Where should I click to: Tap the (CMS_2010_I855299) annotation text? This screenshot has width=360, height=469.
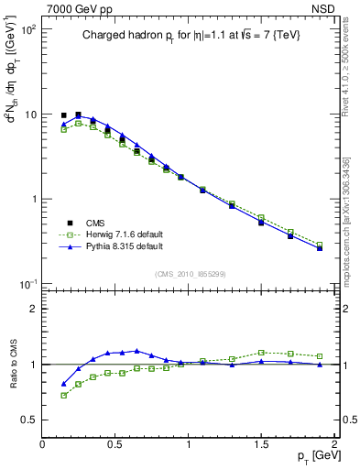coord(189,273)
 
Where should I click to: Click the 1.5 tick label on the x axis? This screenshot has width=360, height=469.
coord(261,444)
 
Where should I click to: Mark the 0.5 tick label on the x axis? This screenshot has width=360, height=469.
coord(115,444)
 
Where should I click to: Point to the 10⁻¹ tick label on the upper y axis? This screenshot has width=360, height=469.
coord(28,284)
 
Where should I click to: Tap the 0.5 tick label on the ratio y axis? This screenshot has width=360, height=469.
coord(28,420)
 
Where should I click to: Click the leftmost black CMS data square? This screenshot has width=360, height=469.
coord(63,115)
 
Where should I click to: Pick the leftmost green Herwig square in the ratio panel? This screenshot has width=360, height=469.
coord(63,396)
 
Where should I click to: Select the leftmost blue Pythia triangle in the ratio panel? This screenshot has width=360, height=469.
coord(63,385)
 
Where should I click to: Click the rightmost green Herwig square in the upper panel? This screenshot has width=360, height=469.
coord(320,245)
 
